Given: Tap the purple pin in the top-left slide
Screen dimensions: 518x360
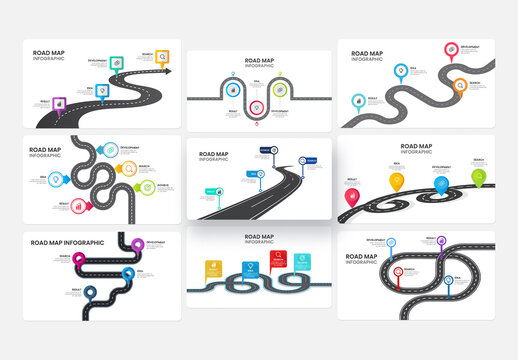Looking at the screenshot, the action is tap(59, 102).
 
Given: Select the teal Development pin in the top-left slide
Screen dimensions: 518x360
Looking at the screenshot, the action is tap(118, 60).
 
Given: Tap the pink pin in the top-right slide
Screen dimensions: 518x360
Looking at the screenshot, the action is tap(451, 49).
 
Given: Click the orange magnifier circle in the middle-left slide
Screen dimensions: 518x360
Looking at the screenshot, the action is tap(129, 169).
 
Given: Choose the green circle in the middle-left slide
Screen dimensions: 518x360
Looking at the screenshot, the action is tap(147, 186).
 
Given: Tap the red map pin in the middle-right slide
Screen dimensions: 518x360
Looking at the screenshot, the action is tap(351, 197).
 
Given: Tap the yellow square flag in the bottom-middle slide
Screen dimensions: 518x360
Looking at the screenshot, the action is tap(212, 267).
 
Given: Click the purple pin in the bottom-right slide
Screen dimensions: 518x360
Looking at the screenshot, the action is tap(442, 241).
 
